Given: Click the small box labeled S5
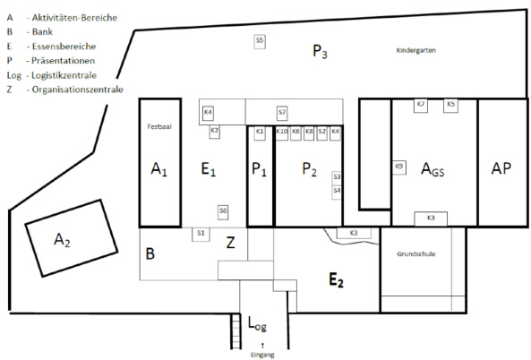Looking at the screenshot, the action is tap(260, 42).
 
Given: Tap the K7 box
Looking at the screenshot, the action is tap(421, 106).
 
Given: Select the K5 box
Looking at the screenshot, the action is tap(450, 106).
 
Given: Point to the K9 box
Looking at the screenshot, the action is tap(399, 167).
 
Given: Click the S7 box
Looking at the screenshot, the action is tap(282, 113).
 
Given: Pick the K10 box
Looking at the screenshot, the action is tap(282, 133).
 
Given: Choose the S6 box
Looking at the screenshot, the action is tap(223, 212).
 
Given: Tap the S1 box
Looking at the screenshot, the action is tap(201, 235).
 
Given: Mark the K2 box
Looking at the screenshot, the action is tap(214, 132).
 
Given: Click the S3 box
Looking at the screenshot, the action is tap(337, 178).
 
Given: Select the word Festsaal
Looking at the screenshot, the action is tap(159, 126).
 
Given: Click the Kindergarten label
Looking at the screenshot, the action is tap(416, 50).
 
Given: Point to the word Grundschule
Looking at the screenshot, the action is tap(416, 253).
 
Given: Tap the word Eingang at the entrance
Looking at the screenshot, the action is tap(262, 355).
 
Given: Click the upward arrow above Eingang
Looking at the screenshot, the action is tap(262, 346).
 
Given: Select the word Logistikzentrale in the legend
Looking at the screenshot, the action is tap(64, 75).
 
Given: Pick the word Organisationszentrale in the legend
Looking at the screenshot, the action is tap(77, 90).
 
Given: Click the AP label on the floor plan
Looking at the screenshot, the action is tap(501, 168).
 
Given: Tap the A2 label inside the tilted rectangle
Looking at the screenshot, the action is tap(63, 240).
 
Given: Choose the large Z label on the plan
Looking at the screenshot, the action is tap(231, 243).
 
